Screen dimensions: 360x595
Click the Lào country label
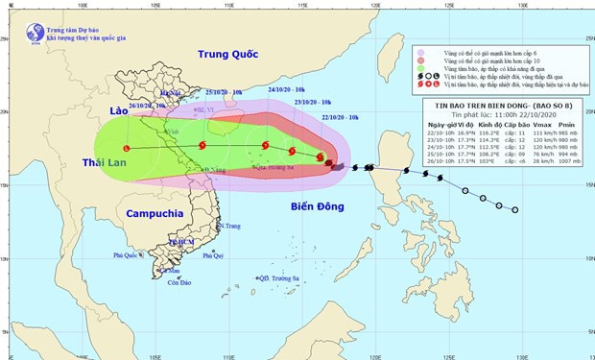118,111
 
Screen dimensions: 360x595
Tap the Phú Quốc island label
127,255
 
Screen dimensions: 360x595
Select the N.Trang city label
227,226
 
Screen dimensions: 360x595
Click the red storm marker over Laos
127,148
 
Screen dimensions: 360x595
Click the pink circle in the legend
420,52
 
